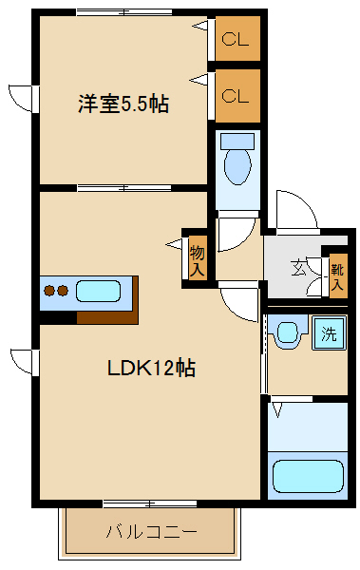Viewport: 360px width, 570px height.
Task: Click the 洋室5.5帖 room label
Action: (123, 104)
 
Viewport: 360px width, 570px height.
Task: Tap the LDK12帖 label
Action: (151, 368)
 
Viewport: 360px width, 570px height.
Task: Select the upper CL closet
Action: (236, 40)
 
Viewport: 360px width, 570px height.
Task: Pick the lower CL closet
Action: (236, 95)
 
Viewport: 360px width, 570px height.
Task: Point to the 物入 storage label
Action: (198, 258)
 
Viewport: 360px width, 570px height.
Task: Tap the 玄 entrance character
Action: (299, 267)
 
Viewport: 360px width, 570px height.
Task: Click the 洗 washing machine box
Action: (329, 333)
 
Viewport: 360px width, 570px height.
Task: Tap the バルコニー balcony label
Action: (151, 531)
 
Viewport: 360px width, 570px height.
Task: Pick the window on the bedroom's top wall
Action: (124, 11)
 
